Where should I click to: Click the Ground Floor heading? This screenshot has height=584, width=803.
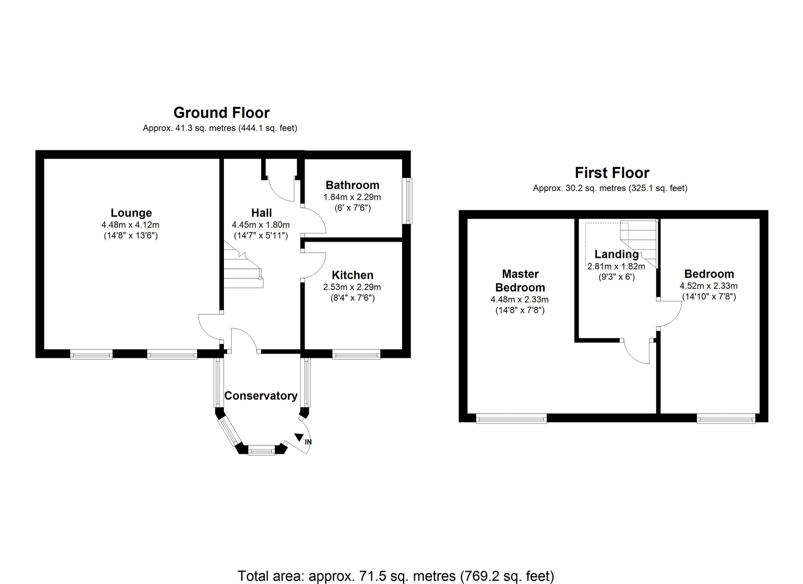click(222, 113)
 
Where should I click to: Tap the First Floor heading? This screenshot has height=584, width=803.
click(612, 173)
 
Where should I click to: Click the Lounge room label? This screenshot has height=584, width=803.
click(131, 213)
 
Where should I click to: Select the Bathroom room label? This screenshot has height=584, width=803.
click(352, 185)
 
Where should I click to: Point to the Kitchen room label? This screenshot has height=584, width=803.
click(352, 275)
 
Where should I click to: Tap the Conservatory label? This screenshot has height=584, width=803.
click(261, 396)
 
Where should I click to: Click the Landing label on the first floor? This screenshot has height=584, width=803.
click(616, 254)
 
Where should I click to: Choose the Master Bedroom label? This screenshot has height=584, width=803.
click(520, 281)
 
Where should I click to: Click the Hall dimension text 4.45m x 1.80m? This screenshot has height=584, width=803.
click(261, 225)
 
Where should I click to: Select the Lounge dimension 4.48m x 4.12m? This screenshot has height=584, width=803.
click(130, 225)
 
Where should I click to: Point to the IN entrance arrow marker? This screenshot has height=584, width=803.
click(300, 437)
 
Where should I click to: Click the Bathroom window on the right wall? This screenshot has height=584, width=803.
click(409, 201)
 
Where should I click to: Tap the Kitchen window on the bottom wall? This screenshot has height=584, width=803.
click(356, 355)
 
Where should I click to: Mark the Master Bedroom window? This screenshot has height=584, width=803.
click(511, 419)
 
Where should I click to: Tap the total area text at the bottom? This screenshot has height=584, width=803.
click(396, 576)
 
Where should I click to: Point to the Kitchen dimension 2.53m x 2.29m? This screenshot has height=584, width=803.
click(352, 287)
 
